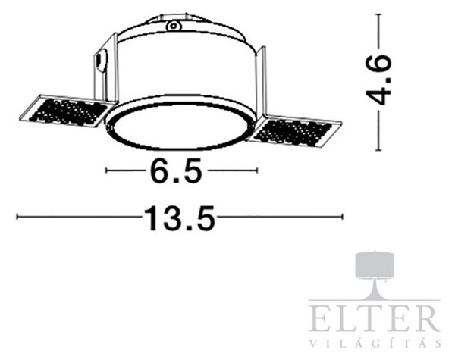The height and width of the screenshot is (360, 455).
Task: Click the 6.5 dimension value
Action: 176,171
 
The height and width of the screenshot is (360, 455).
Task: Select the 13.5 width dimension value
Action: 180,218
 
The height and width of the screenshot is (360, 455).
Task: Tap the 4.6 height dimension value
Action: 378,79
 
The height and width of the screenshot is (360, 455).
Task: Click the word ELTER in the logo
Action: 374,318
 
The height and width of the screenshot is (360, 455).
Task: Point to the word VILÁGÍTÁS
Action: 375,343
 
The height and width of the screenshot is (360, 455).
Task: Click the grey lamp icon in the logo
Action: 375,276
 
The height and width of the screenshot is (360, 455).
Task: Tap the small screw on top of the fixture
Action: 174,26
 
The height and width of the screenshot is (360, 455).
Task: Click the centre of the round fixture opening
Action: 179,126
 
